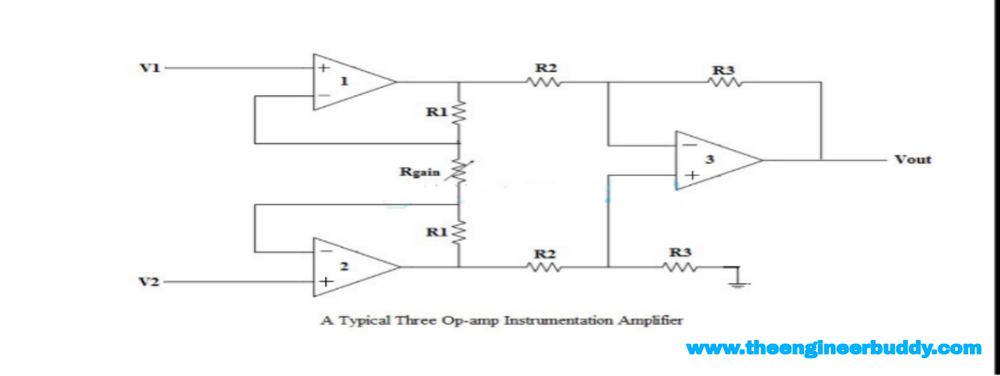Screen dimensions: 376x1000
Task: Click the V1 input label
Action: [x=150, y=68]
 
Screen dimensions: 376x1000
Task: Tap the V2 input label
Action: [x=149, y=282]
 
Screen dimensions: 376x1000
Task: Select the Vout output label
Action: [x=913, y=160]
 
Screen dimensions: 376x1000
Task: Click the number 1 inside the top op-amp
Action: [x=344, y=81]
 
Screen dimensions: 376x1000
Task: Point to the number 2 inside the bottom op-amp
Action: [x=344, y=266]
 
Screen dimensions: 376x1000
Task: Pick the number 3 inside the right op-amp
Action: [x=710, y=159]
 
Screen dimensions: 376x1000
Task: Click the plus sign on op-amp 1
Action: [x=324, y=67]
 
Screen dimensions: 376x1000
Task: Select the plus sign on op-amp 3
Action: [x=692, y=175]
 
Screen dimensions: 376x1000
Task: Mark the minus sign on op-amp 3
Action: [x=689, y=145]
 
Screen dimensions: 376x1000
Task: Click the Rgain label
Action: [x=419, y=172]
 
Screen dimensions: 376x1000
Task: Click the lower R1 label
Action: [x=436, y=232]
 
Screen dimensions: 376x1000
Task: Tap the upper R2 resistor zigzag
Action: [x=544, y=82]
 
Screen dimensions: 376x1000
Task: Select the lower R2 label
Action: [x=545, y=254]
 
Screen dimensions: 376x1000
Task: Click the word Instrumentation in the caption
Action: [x=558, y=320]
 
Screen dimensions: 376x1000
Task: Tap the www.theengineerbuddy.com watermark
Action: [x=833, y=348]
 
